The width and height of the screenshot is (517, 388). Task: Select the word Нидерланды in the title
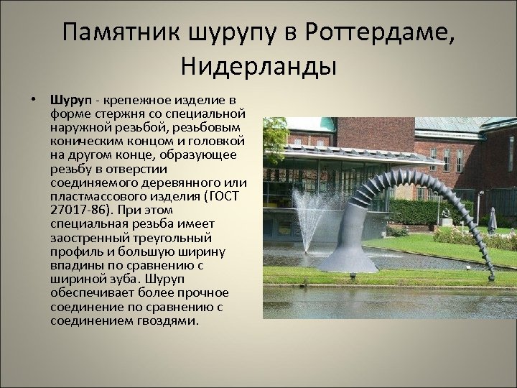point(258,68)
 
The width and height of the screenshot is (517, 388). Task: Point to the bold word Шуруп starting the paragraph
point(67,98)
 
